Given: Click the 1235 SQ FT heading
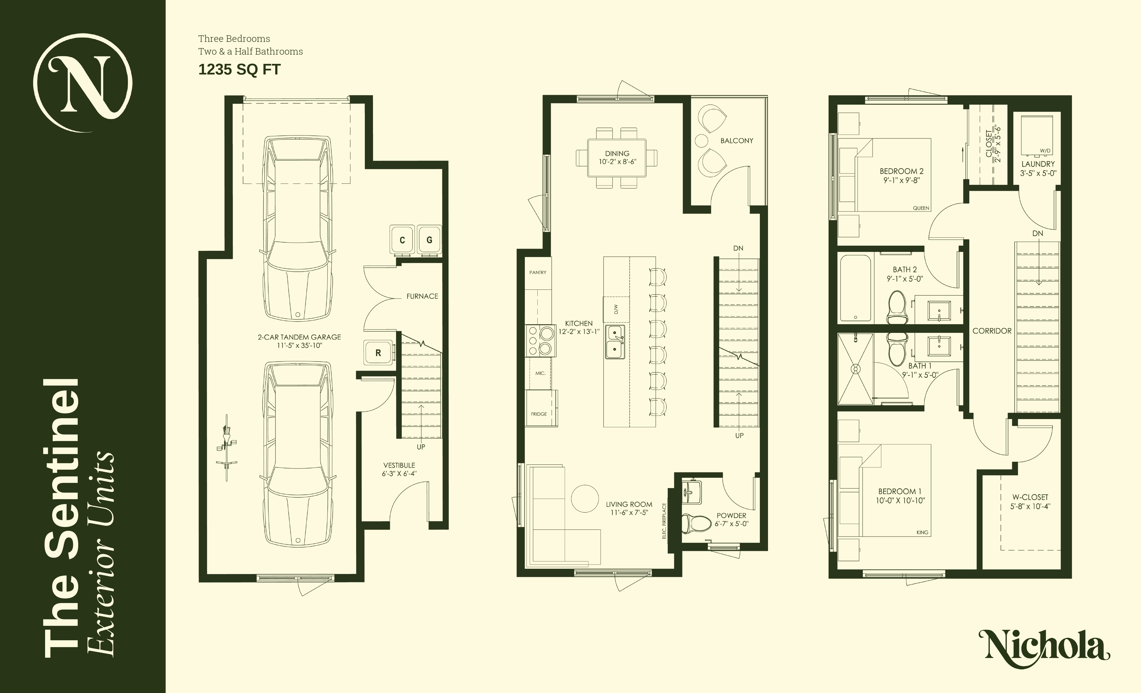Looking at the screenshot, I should pyautogui.click(x=239, y=70).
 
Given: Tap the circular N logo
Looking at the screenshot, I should pyautogui.click(x=83, y=83).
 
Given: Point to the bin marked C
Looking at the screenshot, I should pyautogui.click(x=402, y=240).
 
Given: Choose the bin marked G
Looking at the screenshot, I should pyautogui.click(x=429, y=240).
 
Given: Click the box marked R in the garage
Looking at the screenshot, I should pyautogui.click(x=378, y=353).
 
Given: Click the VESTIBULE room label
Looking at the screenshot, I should pyautogui.click(x=399, y=465).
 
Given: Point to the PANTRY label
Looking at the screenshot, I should pyautogui.click(x=538, y=272).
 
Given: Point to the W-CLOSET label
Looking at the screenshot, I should pyautogui.click(x=1030, y=497).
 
